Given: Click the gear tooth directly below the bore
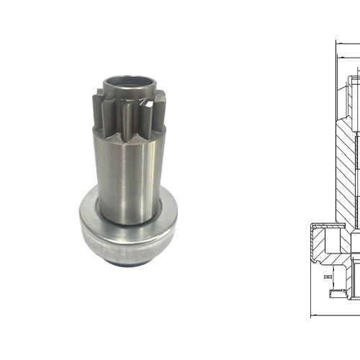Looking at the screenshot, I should pos(130,115).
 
